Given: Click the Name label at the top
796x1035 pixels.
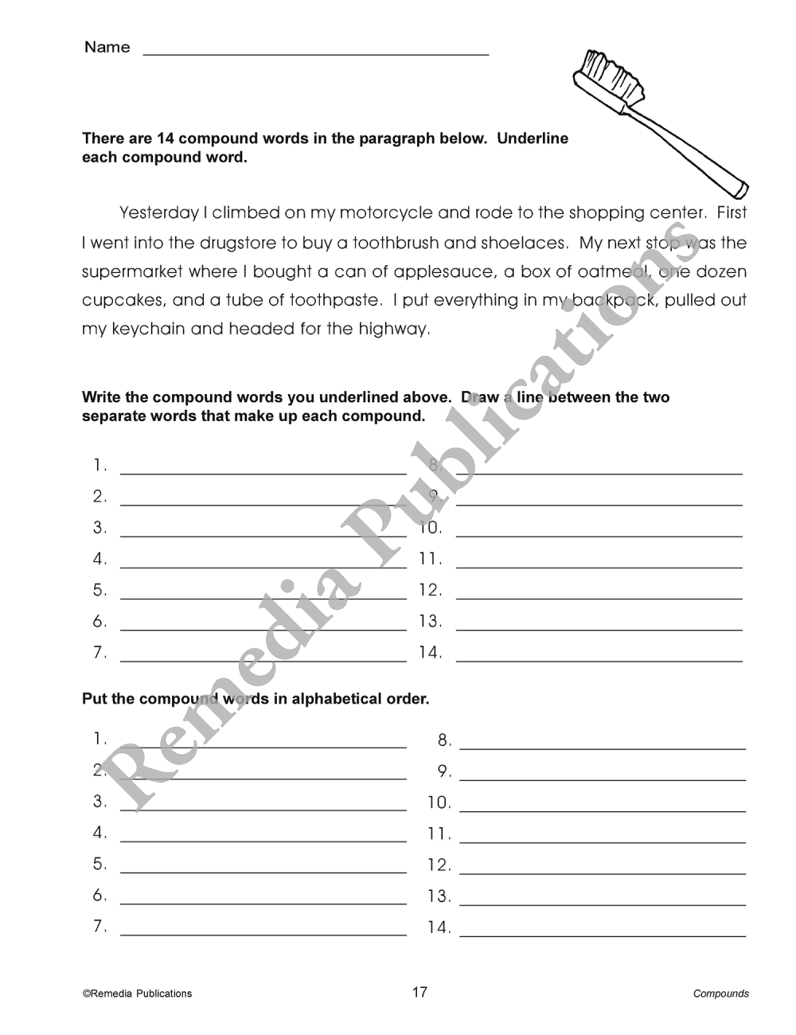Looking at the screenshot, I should [107, 48].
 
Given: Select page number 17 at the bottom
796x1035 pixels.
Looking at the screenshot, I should [419, 992].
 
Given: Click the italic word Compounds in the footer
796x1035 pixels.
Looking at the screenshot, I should [720, 994].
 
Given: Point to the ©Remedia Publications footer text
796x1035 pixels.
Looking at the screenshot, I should [137, 994].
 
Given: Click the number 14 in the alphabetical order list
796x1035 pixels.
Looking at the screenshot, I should [439, 928].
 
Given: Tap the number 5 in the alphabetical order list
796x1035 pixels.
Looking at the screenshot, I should [99, 864].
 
